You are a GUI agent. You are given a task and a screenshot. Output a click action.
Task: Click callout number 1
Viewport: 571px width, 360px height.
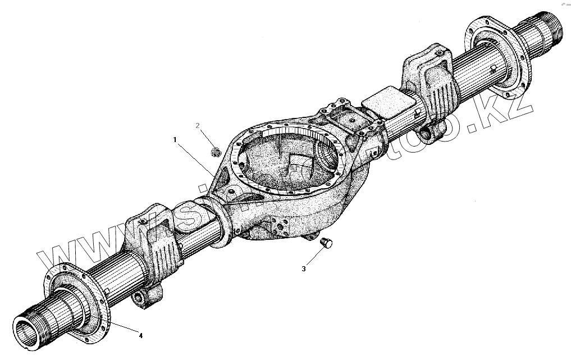click(x=176, y=138)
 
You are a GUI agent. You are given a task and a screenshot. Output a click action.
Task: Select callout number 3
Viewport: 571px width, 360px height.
click(x=304, y=269)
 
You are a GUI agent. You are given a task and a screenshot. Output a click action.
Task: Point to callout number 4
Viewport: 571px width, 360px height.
click(x=141, y=336)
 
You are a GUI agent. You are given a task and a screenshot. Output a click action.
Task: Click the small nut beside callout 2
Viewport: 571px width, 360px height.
click(x=214, y=151)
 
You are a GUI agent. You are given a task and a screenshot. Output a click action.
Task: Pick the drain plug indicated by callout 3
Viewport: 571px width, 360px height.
click(x=326, y=243)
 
